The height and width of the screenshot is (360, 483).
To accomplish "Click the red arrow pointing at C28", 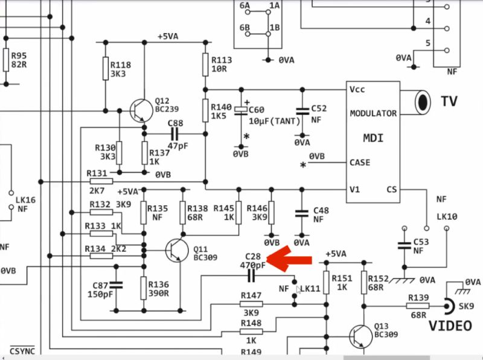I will click(x=290, y=260).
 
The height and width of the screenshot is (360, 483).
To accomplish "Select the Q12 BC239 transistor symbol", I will click(x=141, y=111).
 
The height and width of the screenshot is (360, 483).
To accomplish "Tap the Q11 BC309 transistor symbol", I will click(x=176, y=249).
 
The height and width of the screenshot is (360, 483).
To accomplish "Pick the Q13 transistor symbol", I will click(x=360, y=336).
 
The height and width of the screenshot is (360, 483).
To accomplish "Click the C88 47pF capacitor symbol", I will click(x=175, y=133).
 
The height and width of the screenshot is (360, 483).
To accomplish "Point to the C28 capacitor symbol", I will click(x=252, y=277).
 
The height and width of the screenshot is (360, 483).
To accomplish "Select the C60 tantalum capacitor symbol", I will click(x=241, y=110).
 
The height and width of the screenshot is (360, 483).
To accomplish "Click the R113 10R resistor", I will click(x=205, y=63).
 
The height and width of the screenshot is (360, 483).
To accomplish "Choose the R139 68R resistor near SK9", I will click(x=418, y=306).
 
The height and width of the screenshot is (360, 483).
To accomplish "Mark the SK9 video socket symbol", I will click(x=449, y=306).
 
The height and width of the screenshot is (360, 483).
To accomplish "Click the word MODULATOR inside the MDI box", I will click(x=373, y=113).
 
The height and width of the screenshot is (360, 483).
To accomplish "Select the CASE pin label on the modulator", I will click(x=360, y=162).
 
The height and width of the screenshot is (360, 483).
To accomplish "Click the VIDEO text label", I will click(x=450, y=326).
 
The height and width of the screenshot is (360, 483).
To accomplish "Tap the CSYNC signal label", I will click(x=22, y=350).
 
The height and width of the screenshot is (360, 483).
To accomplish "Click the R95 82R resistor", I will click(x=7, y=60).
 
